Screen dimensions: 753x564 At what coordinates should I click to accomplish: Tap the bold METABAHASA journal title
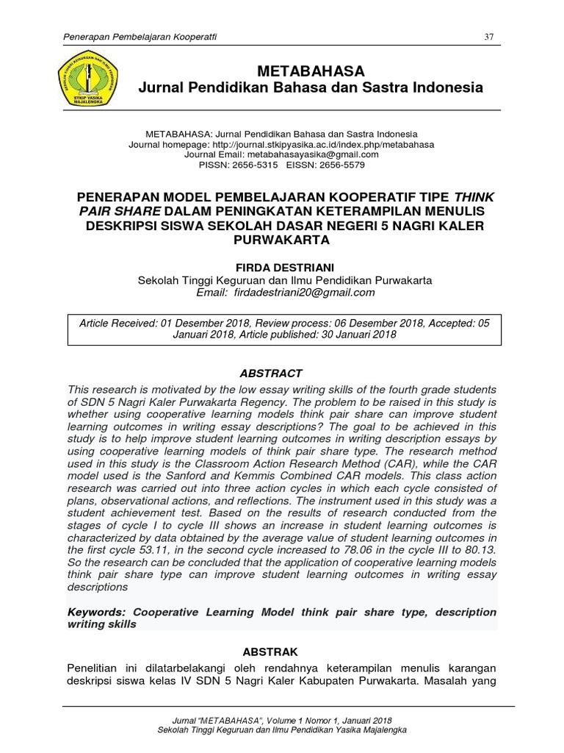(x=311, y=71)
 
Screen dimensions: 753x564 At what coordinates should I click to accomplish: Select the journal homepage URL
(x=323, y=145)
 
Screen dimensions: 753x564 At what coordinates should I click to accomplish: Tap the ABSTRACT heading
(x=270, y=374)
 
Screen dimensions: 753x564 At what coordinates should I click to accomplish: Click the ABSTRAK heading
(x=272, y=652)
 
